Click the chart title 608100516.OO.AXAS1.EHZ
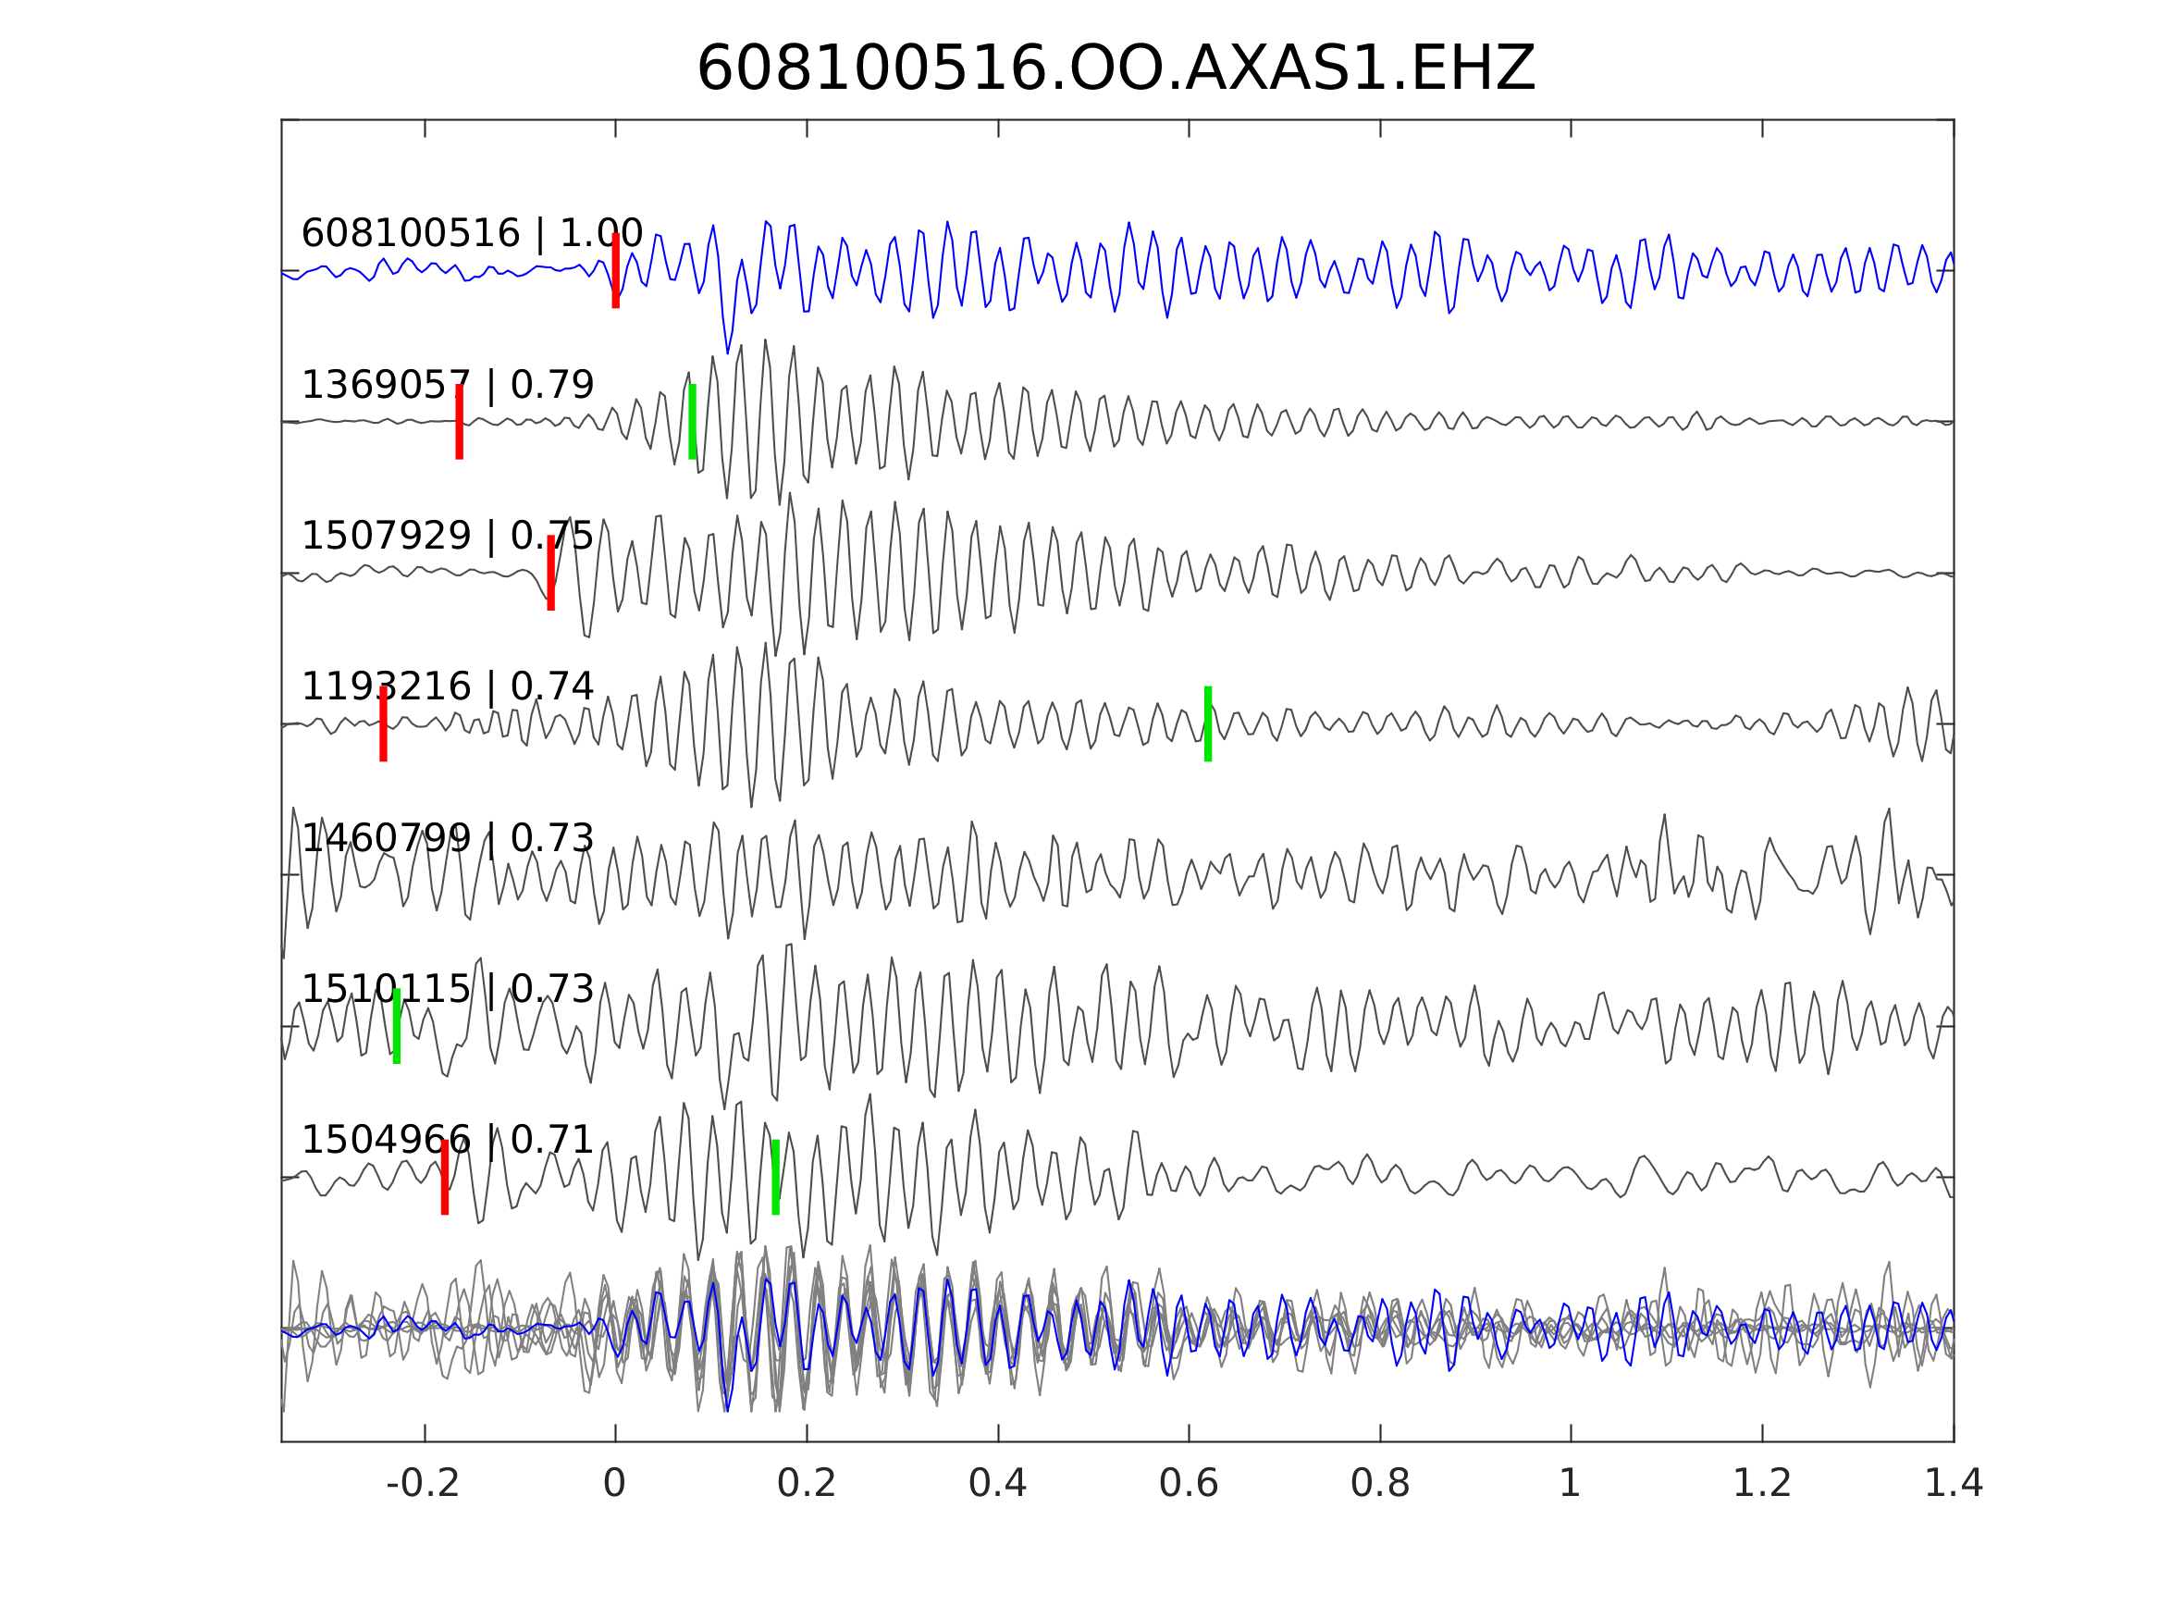(1116, 69)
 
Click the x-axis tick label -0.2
(424, 1484)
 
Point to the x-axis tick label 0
(614, 1484)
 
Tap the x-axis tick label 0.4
(997, 1484)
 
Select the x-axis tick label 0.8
(1379, 1484)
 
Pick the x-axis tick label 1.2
(1762, 1484)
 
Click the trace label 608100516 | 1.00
(472, 234)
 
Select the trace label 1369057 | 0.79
(448, 386)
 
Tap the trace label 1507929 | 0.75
(448, 536)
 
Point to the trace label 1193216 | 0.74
(448, 687)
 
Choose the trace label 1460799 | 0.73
(448, 838)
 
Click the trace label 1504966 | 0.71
(448, 1140)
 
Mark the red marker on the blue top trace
(616, 271)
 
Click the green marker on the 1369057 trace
(693, 422)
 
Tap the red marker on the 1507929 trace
(551, 573)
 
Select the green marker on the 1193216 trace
(1208, 724)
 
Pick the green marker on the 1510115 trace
(397, 1026)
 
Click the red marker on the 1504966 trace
(445, 1177)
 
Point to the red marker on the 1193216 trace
(383, 724)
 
